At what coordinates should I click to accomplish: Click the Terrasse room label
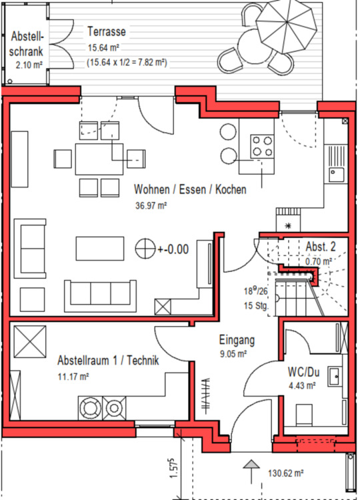click(x=107, y=31)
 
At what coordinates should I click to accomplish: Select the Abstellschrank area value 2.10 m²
click(x=29, y=65)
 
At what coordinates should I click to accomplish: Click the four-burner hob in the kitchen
click(x=262, y=146)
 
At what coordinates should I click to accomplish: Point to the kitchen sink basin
click(x=337, y=175)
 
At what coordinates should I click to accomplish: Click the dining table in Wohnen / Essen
click(x=99, y=159)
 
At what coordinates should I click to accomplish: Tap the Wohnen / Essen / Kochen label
click(x=190, y=189)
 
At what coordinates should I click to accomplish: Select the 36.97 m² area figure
click(x=151, y=205)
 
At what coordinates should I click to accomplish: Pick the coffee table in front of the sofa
click(x=100, y=249)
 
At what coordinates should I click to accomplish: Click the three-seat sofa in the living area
click(x=101, y=295)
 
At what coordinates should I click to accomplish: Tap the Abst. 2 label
click(x=321, y=247)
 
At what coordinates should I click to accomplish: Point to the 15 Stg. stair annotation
click(x=256, y=305)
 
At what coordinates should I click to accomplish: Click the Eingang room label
click(x=237, y=340)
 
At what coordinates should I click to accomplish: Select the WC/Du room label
click(x=303, y=372)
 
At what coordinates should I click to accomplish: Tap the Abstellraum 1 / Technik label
click(x=108, y=360)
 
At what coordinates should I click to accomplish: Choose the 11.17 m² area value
click(x=73, y=377)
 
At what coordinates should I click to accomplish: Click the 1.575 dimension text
click(x=173, y=468)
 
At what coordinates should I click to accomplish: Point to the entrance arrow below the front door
click(x=251, y=471)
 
